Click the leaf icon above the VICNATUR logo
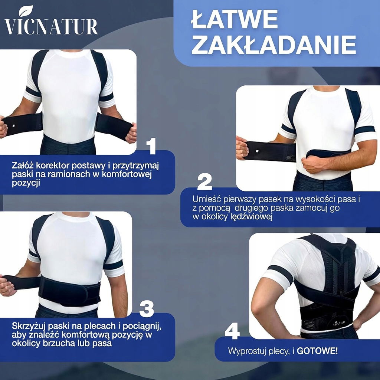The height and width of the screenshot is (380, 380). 26,11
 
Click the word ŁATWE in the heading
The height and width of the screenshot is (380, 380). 235,19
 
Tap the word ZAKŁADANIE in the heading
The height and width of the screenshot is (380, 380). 273,45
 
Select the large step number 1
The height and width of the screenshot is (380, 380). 151,146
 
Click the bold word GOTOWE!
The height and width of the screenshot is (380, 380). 317,351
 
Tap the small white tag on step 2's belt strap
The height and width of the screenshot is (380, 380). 257,151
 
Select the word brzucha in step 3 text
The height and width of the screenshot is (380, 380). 58,343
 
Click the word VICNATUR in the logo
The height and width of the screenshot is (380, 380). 51,26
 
